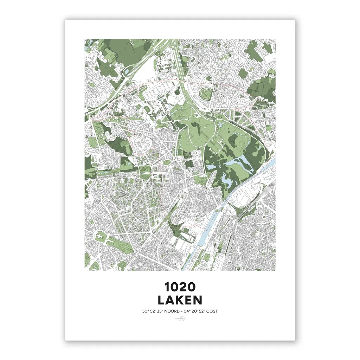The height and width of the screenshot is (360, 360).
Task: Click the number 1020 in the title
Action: click(x=180, y=287)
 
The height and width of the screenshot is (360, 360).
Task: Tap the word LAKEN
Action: click(x=180, y=300)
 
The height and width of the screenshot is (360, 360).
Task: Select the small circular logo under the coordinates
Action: click(x=180, y=320)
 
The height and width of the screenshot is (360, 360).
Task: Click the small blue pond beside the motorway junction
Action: click(x=126, y=72)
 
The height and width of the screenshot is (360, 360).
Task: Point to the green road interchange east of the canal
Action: click(x=244, y=211)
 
